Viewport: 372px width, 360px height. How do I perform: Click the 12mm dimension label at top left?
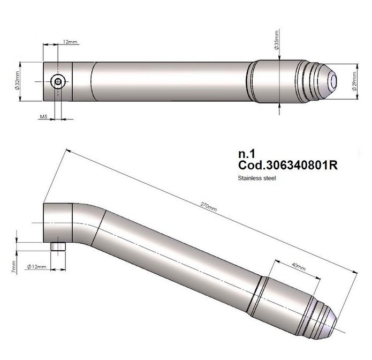(70, 42)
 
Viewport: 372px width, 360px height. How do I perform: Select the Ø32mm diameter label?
(17, 80)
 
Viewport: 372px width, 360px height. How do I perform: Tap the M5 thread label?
(43, 116)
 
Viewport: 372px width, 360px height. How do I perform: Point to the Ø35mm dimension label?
(276, 40)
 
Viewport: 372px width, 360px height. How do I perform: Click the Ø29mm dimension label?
(354, 81)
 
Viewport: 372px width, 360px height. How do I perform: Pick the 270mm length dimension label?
(209, 206)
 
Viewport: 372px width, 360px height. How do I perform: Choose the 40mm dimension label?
(298, 267)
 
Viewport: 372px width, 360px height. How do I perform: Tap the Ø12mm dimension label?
(36, 266)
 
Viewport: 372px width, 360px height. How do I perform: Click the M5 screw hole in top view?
(58, 81)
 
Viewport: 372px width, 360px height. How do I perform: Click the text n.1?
(247, 154)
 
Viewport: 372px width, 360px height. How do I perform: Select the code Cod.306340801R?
(288, 165)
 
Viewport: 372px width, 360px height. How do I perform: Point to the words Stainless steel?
(257, 178)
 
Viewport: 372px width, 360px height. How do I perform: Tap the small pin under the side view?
(58, 246)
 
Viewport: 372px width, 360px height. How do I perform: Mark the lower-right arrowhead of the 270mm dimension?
(355, 272)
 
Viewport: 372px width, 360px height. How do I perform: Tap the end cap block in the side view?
(58, 223)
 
